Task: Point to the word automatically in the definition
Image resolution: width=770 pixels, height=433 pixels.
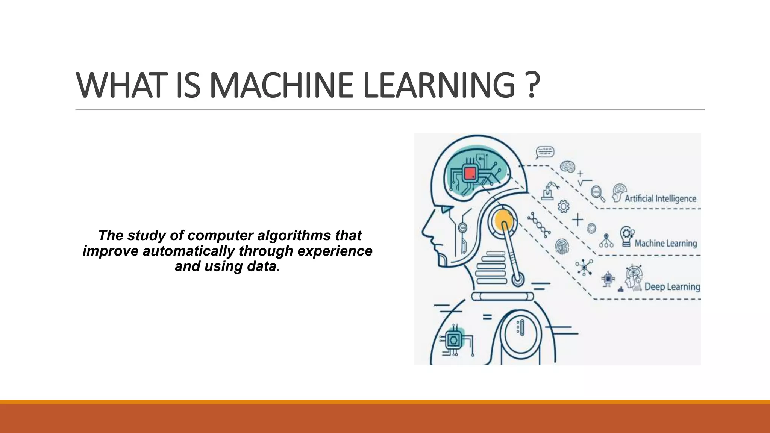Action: click(x=188, y=251)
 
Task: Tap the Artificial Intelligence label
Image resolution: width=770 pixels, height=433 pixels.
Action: click(x=660, y=198)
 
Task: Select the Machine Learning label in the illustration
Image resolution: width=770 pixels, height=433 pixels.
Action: click(x=665, y=243)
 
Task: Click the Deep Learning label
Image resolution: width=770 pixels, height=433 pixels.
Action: click(x=672, y=287)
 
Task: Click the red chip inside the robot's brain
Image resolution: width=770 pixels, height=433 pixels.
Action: click(x=470, y=173)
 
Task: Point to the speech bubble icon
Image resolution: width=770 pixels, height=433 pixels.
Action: click(x=545, y=152)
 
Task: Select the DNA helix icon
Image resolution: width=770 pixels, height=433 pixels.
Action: click(x=539, y=225)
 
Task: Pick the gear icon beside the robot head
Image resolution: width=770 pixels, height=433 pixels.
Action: click(x=563, y=206)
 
